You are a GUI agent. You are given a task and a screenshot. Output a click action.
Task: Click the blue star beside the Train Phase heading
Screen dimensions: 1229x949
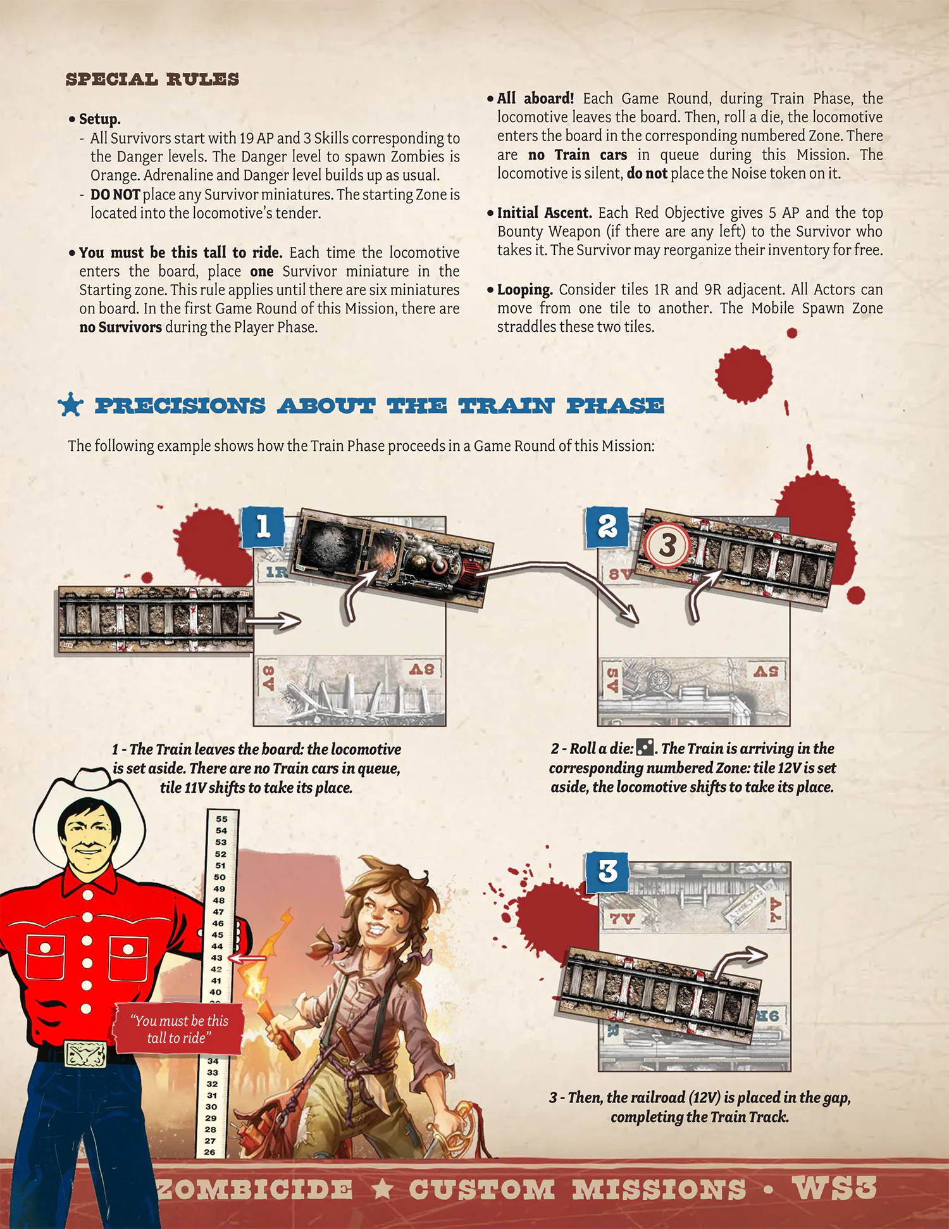click(70, 405)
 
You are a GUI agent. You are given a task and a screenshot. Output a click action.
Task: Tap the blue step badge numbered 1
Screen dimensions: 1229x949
click(263, 527)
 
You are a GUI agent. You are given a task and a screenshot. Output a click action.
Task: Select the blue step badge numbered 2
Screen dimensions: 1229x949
click(607, 527)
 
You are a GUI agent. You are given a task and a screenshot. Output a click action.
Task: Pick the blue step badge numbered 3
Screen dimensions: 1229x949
click(607, 872)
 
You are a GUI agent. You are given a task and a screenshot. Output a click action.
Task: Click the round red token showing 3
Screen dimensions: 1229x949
click(667, 545)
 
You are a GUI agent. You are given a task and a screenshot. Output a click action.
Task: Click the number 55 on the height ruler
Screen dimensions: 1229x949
click(221, 819)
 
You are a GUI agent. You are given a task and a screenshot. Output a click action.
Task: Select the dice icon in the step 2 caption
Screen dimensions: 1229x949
click(645, 748)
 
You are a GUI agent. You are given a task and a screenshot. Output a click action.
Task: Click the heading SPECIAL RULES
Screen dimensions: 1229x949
click(152, 80)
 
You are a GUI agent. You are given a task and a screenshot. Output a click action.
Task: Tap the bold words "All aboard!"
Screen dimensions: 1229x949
click(535, 99)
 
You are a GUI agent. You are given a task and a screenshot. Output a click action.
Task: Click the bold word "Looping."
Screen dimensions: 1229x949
click(524, 290)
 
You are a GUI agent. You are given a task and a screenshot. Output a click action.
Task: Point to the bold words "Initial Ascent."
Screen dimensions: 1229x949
click(544, 213)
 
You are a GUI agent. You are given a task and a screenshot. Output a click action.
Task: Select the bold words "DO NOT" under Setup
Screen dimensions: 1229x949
click(115, 195)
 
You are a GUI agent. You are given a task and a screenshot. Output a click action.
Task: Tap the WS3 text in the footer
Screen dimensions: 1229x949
click(834, 1188)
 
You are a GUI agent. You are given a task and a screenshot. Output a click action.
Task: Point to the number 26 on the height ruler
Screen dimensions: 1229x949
click(210, 1152)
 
